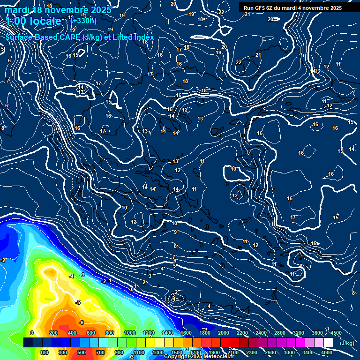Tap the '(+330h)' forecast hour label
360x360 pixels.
pos(83,21)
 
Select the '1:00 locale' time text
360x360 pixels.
pos(33,21)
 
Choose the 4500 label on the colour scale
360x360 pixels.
pos(336,333)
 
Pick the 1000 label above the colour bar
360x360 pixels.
pos(130,333)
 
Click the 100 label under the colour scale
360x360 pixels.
pos(44,352)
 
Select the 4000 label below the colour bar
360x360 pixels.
pos(327,352)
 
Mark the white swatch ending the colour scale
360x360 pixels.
pos(328,343)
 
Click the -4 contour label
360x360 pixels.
pos(71,277)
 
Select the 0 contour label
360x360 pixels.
pos(132,289)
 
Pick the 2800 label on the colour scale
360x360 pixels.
pos(279,333)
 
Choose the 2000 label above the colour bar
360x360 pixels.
pos(223,333)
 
